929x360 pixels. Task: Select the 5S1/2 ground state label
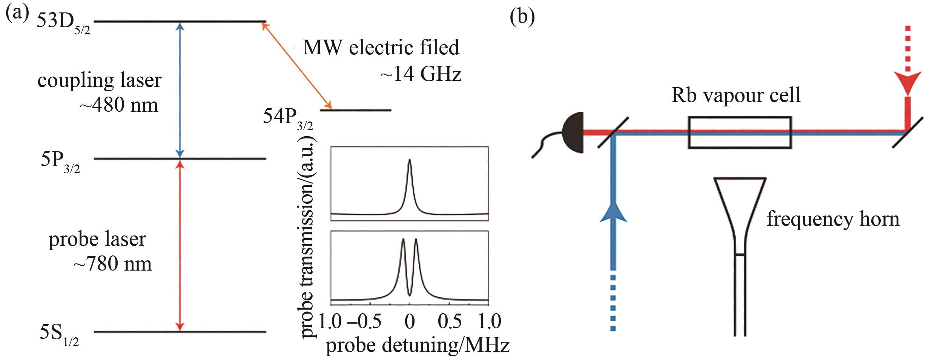60,335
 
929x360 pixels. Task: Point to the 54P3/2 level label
288,119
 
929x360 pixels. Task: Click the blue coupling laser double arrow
180,90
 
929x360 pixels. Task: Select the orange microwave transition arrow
296,65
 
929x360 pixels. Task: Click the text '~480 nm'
118,105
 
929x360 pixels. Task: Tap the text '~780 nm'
112,263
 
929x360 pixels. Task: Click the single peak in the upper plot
410,160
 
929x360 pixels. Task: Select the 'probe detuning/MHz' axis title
418,345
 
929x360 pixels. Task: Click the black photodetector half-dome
573,132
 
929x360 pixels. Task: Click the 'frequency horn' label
833,219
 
